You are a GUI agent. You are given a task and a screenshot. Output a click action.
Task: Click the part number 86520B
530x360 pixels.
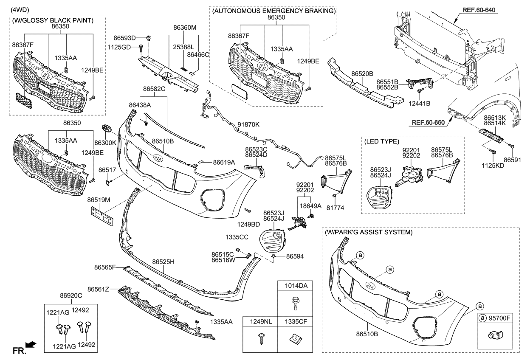[362, 73]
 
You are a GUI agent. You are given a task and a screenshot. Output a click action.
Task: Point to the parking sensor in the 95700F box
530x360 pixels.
[494, 335]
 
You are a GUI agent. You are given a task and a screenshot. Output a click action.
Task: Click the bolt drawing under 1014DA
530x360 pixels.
[293, 304]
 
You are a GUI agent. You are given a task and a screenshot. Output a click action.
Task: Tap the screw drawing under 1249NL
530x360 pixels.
[260, 340]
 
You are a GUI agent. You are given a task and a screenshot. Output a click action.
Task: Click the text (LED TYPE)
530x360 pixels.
[381, 141]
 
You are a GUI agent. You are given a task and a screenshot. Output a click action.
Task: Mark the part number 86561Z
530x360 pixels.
[99, 289]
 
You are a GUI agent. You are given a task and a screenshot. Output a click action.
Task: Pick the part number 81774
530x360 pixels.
[335, 208]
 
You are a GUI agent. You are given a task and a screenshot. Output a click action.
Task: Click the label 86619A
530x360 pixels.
[224, 162]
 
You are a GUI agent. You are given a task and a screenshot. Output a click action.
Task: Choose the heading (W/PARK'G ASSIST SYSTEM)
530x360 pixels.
[368, 232]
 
